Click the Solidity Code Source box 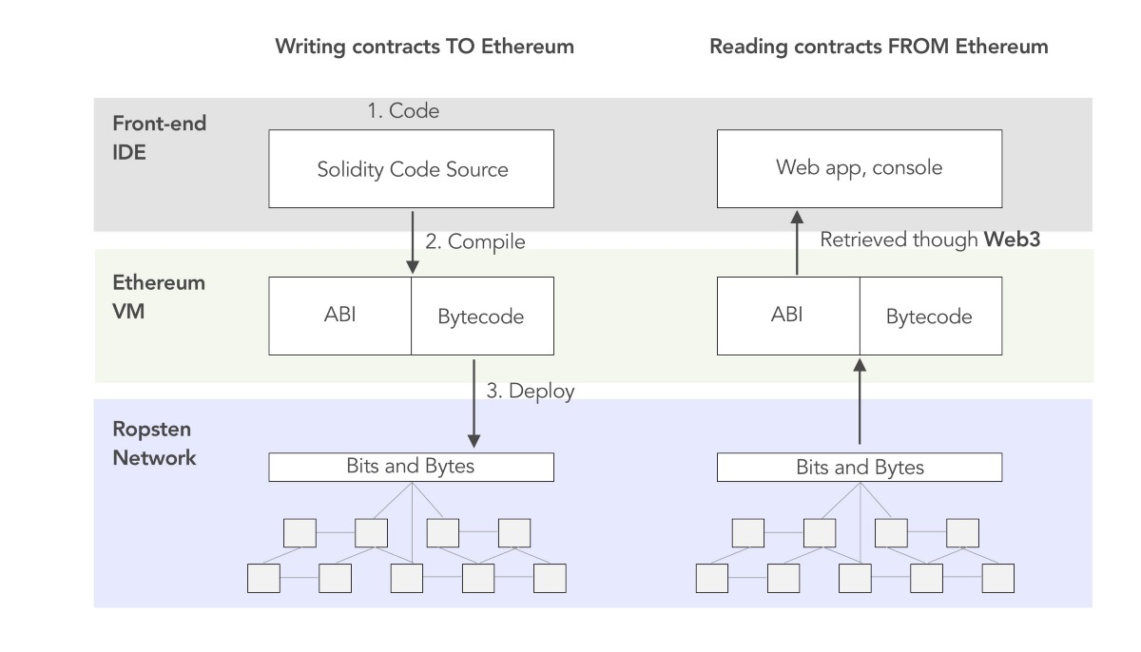pos(412,169)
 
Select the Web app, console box pos(859,168)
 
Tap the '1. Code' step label pos(403,111)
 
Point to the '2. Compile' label pos(474,241)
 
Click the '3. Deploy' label pos(531,391)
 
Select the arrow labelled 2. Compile pos(412,241)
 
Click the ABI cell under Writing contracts pos(339,315)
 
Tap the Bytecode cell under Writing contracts pos(481,316)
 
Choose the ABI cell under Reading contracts pos(787,315)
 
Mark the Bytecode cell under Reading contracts pos(929,316)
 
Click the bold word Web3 pos(1012,240)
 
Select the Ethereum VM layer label pos(159,297)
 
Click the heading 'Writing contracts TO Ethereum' pos(424,47)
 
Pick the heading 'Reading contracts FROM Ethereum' pos(879,47)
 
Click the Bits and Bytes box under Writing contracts pos(412,467)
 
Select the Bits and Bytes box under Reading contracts pos(859,467)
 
